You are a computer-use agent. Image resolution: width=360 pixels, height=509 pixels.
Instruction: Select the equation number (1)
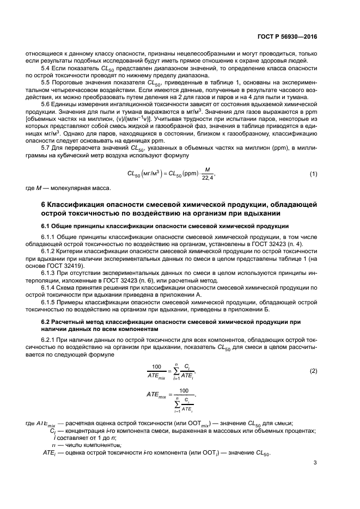[313, 174]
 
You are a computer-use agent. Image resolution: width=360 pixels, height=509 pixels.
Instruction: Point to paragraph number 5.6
[47, 103]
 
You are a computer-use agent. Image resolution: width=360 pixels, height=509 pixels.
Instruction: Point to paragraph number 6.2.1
[49, 338]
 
